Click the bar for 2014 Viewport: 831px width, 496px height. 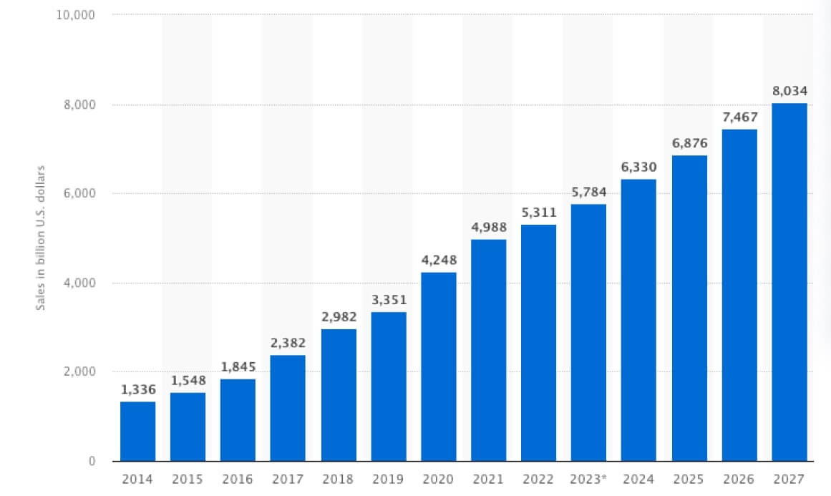pyautogui.click(x=137, y=432)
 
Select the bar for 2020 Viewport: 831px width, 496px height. pyautogui.click(x=438, y=366)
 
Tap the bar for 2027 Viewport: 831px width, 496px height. pyautogui.click(x=789, y=282)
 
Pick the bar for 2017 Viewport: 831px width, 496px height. pyautogui.click(x=288, y=408)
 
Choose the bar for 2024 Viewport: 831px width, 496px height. pyautogui.click(x=638, y=320)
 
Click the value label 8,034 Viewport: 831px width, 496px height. pyautogui.click(x=789, y=90)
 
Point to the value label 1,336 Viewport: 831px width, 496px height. pyautogui.click(x=137, y=389)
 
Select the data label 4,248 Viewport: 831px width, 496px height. pyautogui.click(x=438, y=259)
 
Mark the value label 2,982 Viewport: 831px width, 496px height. pyautogui.click(x=338, y=316)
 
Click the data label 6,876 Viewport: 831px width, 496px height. pyautogui.click(x=689, y=142)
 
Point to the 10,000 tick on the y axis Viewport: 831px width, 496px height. pyautogui.click(x=76, y=15)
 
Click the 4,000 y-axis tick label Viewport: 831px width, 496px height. pyautogui.click(x=80, y=283)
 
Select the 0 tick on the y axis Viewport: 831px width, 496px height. pyautogui.click(x=92, y=461)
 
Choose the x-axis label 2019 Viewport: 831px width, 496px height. pyautogui.click(x=388, y=479)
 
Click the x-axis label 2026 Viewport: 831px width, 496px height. pyautogui.click(x=739, y=479)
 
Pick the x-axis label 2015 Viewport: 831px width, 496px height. pyautogui.click(x=188, y=479)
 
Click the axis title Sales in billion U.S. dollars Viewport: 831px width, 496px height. pyautogui.click(x=41, y=238)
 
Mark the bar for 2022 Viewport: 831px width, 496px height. pyautogui.click(x=538, y=343)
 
